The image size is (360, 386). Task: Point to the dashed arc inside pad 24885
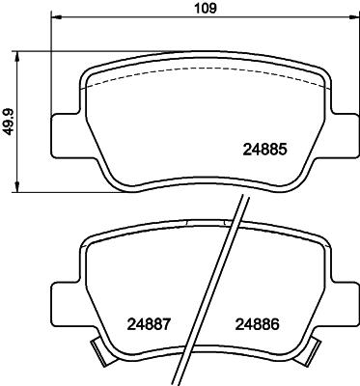[203, 76]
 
